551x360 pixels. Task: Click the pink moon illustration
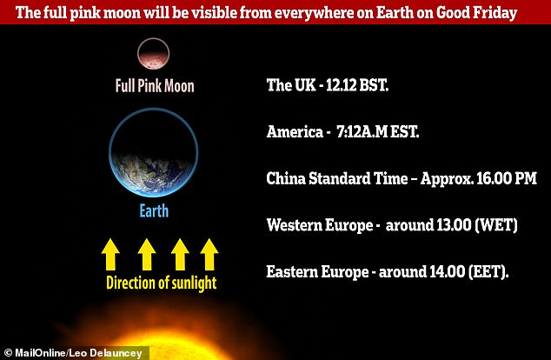pyautogui.click(x=153, y=53)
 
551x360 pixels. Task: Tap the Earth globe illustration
pyautogui.click(x=153, y=152)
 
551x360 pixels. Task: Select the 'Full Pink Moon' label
pyautogui.click(x=155, y=86)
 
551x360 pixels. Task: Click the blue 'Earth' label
pyautogui.click(x=154, y=210)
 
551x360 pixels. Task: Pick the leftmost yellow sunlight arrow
pyautogui.click(x=110, y=254)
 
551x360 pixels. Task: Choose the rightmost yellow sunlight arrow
pyautogui.click(x=209, y=254)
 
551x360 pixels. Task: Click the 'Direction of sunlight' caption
pyautogui.click(x=162, y=283)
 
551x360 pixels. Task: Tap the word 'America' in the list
pyautogui.click(x=295, y=132)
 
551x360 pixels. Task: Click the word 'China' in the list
pyautogui.click(x=286, y=178)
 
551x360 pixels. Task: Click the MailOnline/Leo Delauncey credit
pyautogui.click(x=74, y=353)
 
